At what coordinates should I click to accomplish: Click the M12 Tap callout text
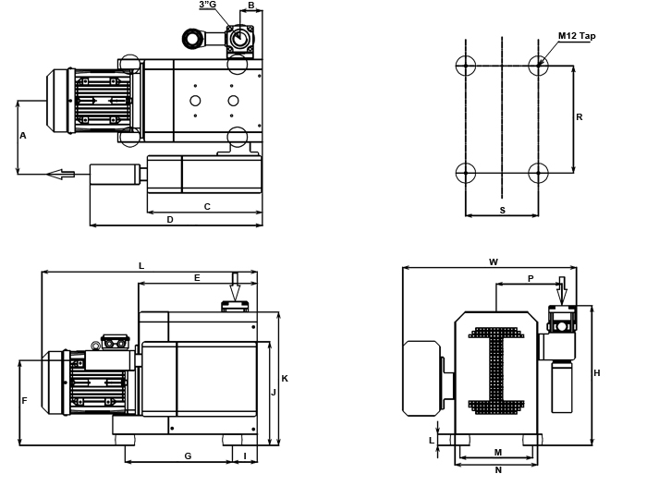(577, 36)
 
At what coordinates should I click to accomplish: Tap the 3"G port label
(208, 6)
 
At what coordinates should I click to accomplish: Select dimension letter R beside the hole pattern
(579, 116)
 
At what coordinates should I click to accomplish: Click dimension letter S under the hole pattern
(502, 210)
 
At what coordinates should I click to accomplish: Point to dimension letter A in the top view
(23, 136)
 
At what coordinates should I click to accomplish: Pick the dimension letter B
(250, 6)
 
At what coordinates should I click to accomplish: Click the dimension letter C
(207, 206)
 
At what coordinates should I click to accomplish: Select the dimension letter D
(170, 219)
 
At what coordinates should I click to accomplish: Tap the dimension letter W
(493, 261)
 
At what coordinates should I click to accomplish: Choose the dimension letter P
(531, 277)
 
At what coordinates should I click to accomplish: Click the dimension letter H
(596, 373)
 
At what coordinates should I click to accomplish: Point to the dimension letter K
(285, 378)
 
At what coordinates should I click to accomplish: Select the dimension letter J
(274, 392)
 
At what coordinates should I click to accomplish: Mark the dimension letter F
(24, 400)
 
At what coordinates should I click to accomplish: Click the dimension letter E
(197, 277)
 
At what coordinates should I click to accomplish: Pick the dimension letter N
(498, 469)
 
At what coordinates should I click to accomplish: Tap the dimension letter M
(498, 452)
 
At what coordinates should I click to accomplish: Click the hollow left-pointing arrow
(61, 174)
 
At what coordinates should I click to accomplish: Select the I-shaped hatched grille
(496, 370)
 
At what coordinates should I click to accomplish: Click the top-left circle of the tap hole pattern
(466, 66)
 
